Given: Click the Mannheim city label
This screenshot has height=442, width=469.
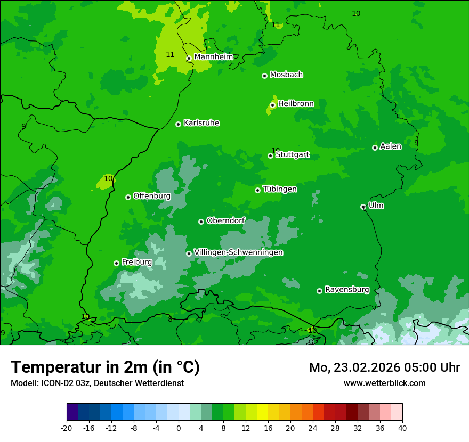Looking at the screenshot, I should coord(214,56).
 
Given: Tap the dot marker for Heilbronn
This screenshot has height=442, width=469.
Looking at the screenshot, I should coord(272,105).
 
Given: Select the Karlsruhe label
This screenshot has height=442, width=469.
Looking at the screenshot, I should coord(201,123).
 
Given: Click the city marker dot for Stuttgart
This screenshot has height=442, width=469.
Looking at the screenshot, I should coord(270,155).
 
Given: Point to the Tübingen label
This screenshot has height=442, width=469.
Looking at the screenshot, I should coord(280,189).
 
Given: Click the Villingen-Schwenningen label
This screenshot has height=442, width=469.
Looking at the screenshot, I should coord(238,252).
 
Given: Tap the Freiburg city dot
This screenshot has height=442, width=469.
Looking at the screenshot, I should coord(116,263).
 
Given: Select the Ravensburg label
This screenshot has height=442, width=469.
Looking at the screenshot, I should coord(347,290).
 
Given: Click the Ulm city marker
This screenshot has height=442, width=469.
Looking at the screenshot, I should coord(363,207).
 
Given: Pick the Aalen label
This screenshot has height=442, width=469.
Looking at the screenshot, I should coord(391,146).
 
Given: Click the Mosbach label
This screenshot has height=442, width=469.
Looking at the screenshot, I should coord(286,75).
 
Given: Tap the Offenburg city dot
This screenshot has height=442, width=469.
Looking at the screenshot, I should coord(128,197).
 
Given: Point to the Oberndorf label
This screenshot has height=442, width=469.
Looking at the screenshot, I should coord(226,220).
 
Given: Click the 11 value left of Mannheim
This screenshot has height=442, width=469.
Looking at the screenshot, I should coord(170,54).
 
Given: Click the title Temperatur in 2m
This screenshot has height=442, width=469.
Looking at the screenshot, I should coord(105,367).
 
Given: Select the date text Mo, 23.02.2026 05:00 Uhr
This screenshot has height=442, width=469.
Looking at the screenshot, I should coord(384,367).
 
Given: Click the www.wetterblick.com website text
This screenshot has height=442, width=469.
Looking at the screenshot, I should coord(384,383).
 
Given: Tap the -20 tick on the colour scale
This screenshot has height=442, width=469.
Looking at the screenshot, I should coord(67,428).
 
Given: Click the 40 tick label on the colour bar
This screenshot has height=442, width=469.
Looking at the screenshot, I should coord(402,428).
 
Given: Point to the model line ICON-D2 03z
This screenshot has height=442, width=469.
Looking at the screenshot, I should coord(97,383).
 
